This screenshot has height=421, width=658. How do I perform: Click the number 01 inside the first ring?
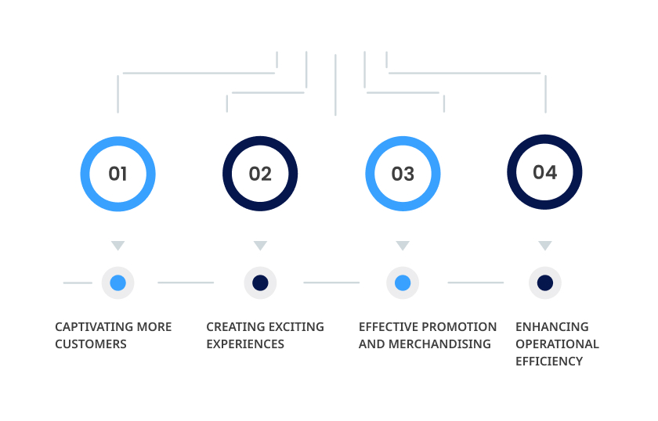coord(117,174)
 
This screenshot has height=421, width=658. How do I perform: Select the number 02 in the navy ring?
coord(260,174)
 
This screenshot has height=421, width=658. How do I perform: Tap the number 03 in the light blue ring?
coord(403,174)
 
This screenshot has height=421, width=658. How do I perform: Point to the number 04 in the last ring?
coord(544,172)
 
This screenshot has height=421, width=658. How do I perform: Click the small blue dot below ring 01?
coord(118,283)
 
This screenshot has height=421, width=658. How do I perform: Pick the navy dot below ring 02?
coord(260,283)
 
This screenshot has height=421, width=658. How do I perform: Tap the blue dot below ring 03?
coord(403,283)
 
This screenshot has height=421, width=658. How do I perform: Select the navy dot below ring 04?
coord(545,283)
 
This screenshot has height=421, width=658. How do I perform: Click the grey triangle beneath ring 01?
coord(118,245)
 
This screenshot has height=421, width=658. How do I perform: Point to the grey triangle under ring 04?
coord(545,245)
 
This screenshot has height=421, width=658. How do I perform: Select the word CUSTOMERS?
coord(91,344)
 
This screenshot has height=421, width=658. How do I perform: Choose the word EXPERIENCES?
coord(245,344)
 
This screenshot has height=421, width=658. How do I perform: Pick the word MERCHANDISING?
coord(439,344)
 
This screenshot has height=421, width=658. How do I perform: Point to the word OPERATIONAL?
coord(557,344)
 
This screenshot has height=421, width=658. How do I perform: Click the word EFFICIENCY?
coord(549,361)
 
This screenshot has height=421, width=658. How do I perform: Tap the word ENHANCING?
coord(552,326)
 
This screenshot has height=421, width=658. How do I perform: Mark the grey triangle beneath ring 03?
coord(403,245)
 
